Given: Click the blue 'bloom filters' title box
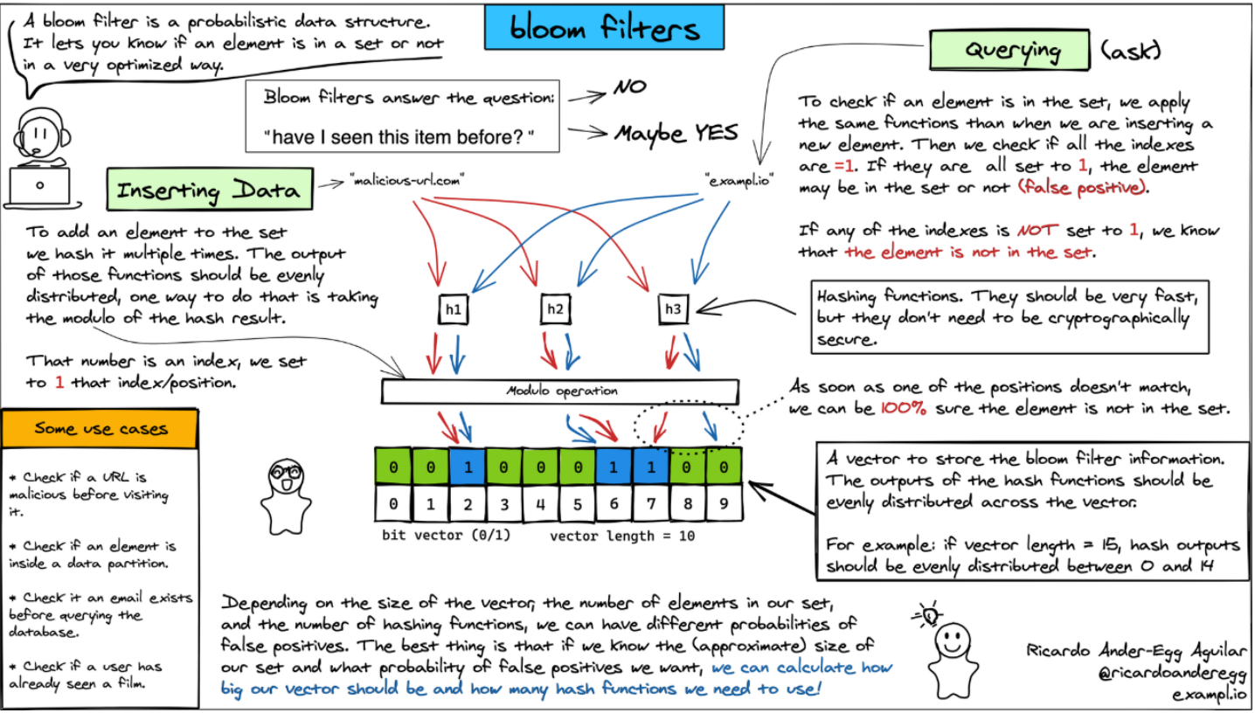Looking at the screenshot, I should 605,30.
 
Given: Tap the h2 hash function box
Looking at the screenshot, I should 556,309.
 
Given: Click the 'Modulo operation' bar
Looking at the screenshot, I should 560,391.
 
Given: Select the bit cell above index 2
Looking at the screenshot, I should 467,467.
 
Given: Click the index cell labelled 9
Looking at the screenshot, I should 724,503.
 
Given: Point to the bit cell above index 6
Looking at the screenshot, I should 614,467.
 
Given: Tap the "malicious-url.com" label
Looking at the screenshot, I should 406,181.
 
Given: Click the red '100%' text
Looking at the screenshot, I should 904,408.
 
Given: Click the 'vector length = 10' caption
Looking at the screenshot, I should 622,536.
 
